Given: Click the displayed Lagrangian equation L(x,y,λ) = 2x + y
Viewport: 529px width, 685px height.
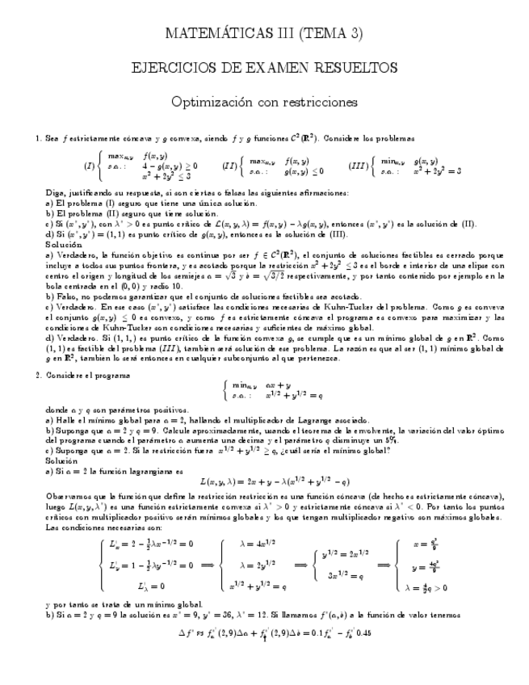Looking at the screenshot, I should tap(263, 481).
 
